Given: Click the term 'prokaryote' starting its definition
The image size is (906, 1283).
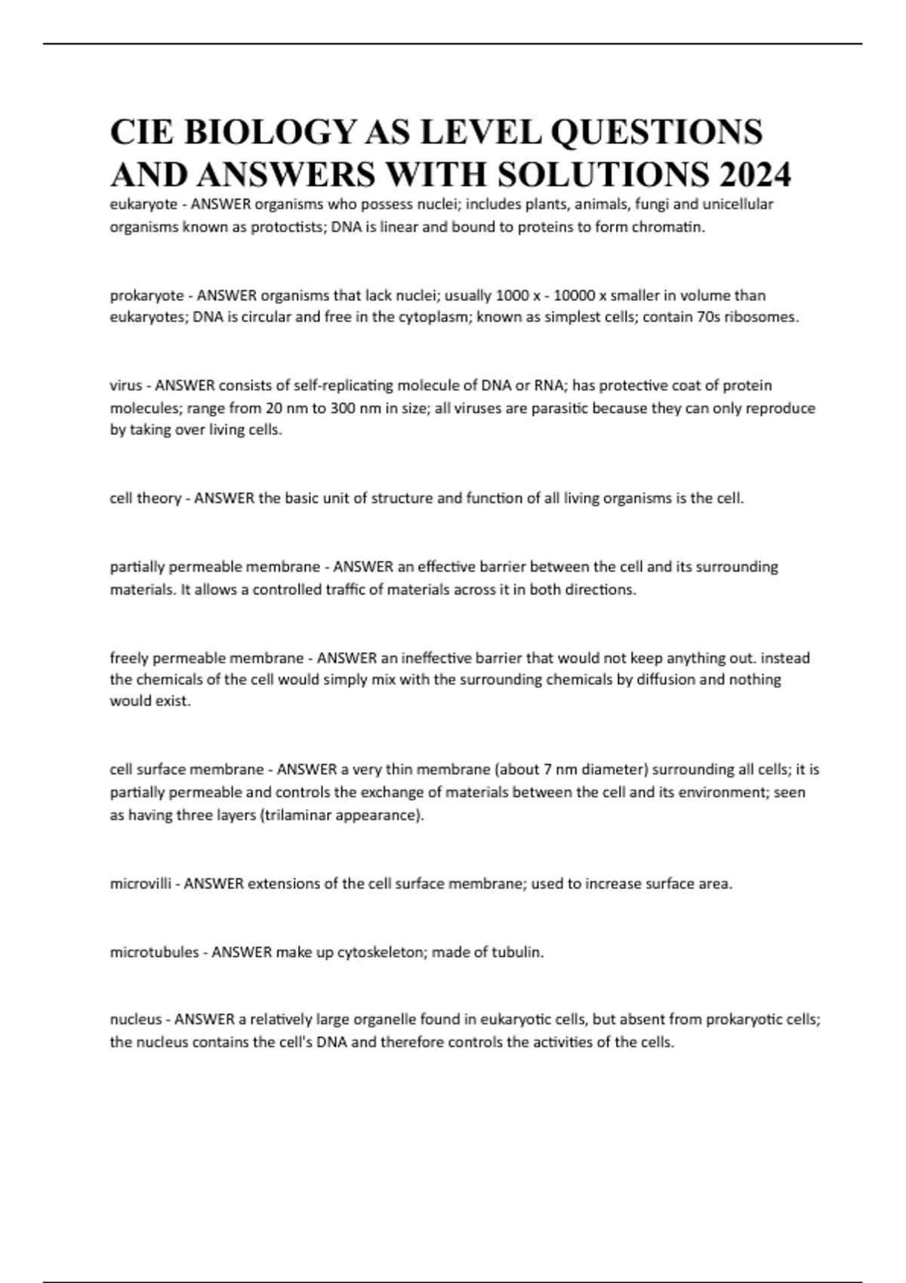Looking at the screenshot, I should click(x=146, y=295).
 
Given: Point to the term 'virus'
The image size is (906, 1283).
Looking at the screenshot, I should click(x=126, y=386).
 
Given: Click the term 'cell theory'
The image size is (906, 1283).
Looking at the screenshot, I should click(x=145, y=498).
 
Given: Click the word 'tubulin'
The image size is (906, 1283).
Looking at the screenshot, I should click(x=517, y=952).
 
